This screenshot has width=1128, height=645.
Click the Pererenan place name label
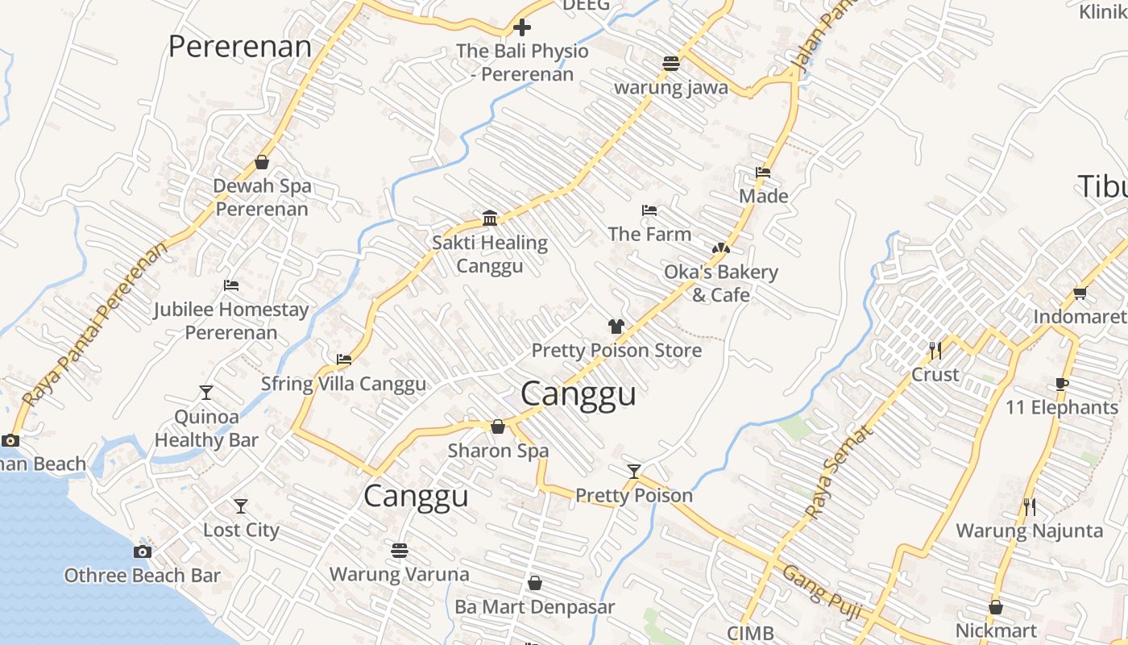pyautogui.click(x=239, y=47)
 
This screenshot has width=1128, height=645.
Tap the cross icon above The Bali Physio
pyautogui.click(x=522, y=28)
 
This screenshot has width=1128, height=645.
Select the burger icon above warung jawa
pyautogui.click(x=671, y=63)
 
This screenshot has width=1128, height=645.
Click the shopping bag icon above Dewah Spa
pyautogui.click(x=262, y=162)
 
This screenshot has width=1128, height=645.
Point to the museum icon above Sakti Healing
pyautogui.click(x=489, y=218)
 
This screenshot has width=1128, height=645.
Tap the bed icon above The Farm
pyautogui.click(x=649, y=210)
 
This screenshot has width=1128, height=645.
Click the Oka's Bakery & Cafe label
pyautogui.click(x=720, y=283)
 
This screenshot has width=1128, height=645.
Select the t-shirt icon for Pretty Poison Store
pyautogui.click(x=616, y=327)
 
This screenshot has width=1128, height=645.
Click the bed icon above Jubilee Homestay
pyautogui.click(x=231, y=285)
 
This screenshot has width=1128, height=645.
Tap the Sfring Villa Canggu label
pyautogui.click(x=343, y=384)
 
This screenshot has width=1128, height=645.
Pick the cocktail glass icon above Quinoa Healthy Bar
pyautogui.click(x=206, y=393)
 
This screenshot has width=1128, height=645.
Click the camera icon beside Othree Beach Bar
pyautogui.click(x=143, y=551)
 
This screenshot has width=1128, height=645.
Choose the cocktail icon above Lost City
pyautogui.click(x=241, y=506)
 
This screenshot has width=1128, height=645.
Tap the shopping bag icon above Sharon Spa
pyautogui.click(x=498, y=427)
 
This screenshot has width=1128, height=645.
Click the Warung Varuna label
pyautogui.click(x=399, y=574)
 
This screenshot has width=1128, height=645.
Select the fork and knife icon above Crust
pyautogui.click(x=935, y=351)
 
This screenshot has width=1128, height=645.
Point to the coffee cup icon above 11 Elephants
pyautogui.click(x=1061, y=384)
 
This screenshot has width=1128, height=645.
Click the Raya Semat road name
pyautogui.click(x=839, y=472)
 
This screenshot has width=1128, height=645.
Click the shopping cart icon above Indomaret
pyautogui.click(x=1080, y=293)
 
